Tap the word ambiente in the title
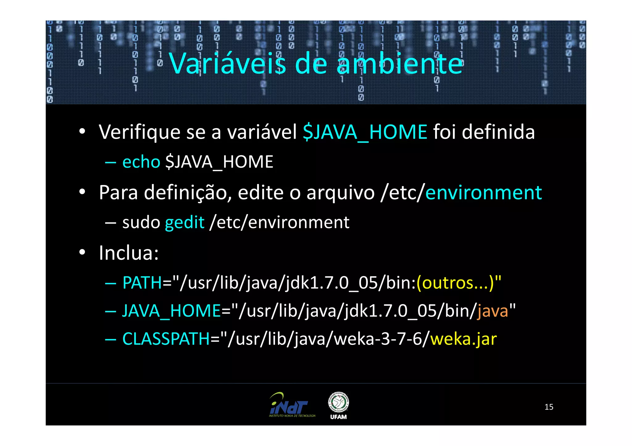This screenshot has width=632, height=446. [x=400, y=64]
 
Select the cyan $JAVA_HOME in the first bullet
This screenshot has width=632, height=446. [x=365, y=132]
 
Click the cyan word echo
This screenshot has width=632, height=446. [x=141, y=162]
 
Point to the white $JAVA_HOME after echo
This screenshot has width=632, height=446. [x=219, y=162]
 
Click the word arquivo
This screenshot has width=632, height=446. [x=340, y=193]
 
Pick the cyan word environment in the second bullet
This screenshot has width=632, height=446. [x=483, y=193]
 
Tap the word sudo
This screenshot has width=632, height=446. [x=141, y=222]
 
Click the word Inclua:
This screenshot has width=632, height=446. [x=129, y=253]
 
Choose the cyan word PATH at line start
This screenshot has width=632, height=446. [x=142, y=283]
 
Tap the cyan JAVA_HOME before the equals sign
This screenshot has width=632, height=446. [x=171, y=311]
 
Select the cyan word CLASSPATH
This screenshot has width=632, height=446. [x=166, y=339]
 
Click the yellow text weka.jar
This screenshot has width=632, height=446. [x=464, y=339]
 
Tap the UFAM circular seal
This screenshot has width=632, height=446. [x=339, y=402]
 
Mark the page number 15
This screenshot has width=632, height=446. [x=549, y=407]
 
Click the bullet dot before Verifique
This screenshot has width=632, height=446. [x=82, y=132]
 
